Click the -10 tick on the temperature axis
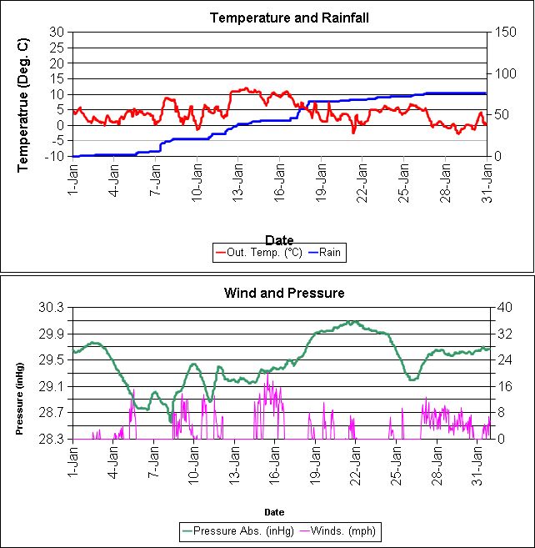(56, 156)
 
